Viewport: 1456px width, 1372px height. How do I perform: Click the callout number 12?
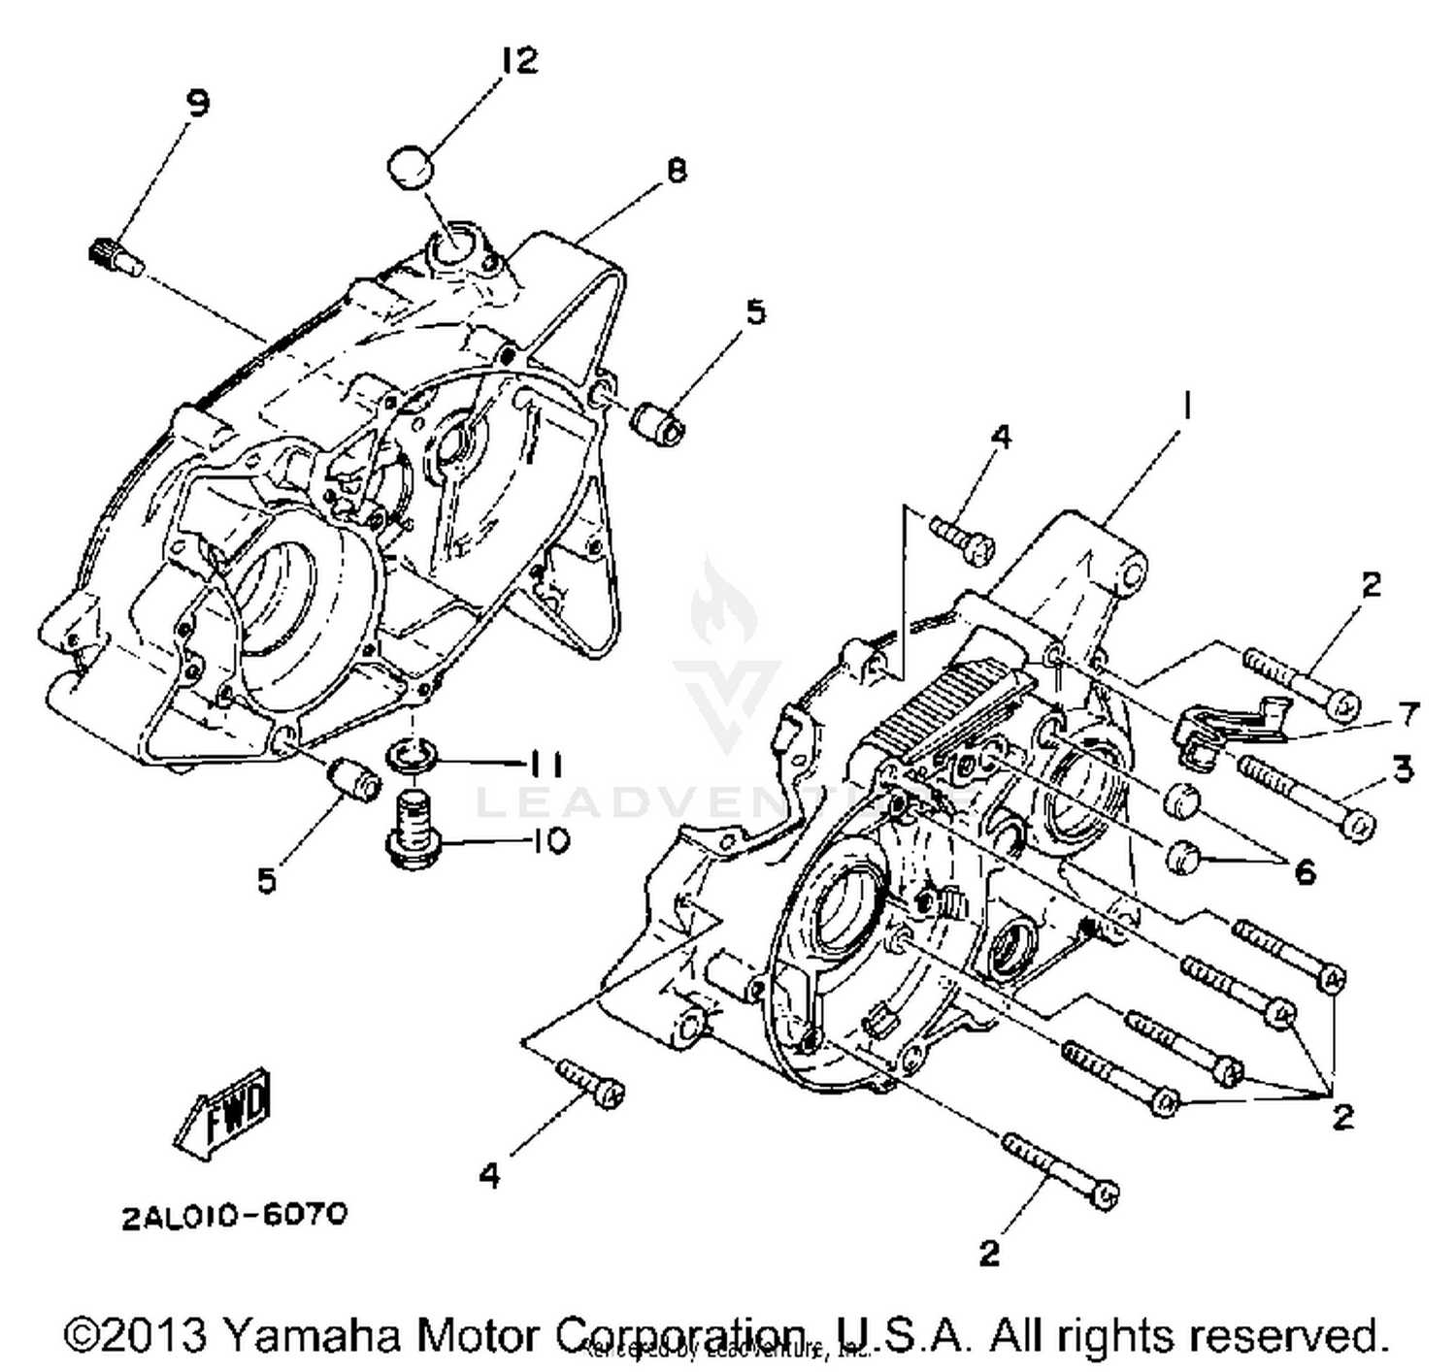(518, 61)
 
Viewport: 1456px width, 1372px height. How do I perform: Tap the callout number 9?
(197, 103)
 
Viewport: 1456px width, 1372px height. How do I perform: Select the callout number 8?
(677, 171)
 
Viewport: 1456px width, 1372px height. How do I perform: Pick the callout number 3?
(1402, 768)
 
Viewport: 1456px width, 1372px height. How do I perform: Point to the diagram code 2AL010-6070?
(234, 1215)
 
